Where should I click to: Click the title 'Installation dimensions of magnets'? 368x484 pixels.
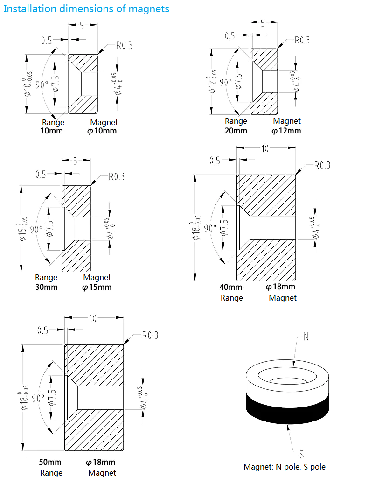[x=86, y=9]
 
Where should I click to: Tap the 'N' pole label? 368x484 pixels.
[x=306, y=337]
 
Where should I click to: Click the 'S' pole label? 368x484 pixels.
[x=301, y=454]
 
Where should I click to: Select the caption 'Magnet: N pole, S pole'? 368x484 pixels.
[x=285, y=467]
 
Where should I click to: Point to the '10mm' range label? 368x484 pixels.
[x=52, y=131]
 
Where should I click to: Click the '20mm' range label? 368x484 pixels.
[x=236, y=131]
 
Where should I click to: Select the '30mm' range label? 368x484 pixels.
[x=47, y=287]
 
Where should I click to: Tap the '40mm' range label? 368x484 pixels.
[x=231, y=287]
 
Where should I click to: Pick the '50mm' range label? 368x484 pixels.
[x=50, y=463]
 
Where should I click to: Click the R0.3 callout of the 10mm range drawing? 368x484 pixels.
[x=124, y=45]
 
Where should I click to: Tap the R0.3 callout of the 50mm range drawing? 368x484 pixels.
[x=150, y=336]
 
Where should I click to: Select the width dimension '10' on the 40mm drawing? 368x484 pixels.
[x=265, y=148]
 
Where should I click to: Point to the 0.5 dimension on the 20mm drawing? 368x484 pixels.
[x=230, y=35]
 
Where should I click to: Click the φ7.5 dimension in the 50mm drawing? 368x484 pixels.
[x=52, y=397]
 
